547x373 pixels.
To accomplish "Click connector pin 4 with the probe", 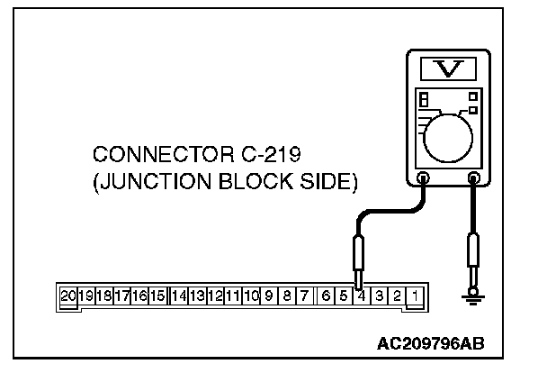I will coord(361,295).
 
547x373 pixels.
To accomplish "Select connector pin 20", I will coord(68,295).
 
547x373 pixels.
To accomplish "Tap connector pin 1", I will coord(415,295).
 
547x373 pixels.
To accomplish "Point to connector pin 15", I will coord(157,295).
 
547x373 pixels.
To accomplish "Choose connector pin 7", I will coord(305,295).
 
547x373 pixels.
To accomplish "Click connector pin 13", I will coord(197,295).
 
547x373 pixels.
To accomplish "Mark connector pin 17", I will coord(121,295).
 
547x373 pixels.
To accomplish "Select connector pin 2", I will coord(397,295).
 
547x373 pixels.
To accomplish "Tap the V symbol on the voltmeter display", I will coord(446,69).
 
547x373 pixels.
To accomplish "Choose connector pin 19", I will coord(86,295).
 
